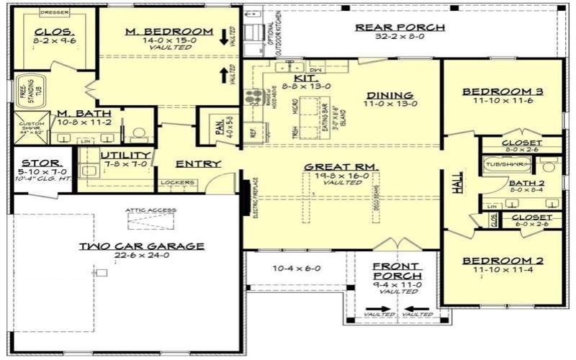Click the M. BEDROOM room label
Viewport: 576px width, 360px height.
169,31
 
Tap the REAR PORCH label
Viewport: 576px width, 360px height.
400,27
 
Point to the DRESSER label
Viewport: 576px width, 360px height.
54,12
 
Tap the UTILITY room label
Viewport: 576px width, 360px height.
125,155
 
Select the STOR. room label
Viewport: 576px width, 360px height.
35,163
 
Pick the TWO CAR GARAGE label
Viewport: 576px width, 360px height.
141,246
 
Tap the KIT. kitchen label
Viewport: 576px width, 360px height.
302,77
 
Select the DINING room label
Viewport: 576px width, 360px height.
390,95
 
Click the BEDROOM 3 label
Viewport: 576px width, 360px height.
502,91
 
